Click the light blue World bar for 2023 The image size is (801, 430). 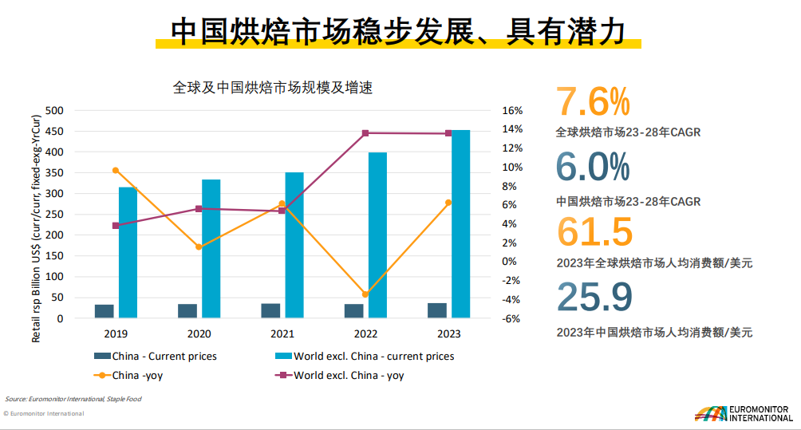tap(460, 223)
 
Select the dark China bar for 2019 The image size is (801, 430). tap(105, 310)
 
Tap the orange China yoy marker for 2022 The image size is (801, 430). tap(365, 294)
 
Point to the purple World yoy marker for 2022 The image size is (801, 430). tap(365, 133)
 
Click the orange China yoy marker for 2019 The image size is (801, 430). tap(116, 170)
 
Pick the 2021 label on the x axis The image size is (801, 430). tap(282, 334)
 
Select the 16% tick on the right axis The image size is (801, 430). tap(511, 110)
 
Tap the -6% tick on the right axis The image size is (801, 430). tap(511, 318)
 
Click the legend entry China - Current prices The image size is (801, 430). tap(156, 356)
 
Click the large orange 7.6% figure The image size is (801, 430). tap(593, 102)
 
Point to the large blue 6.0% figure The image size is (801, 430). tap(593, 167)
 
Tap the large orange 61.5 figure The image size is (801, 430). tap(594, 231)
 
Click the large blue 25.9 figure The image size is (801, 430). tap(594, 296)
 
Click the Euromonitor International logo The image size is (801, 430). tap(743, 413)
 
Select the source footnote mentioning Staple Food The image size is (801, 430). tap(73, 398)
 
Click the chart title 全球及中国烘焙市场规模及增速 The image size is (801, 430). tap(273, 88)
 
